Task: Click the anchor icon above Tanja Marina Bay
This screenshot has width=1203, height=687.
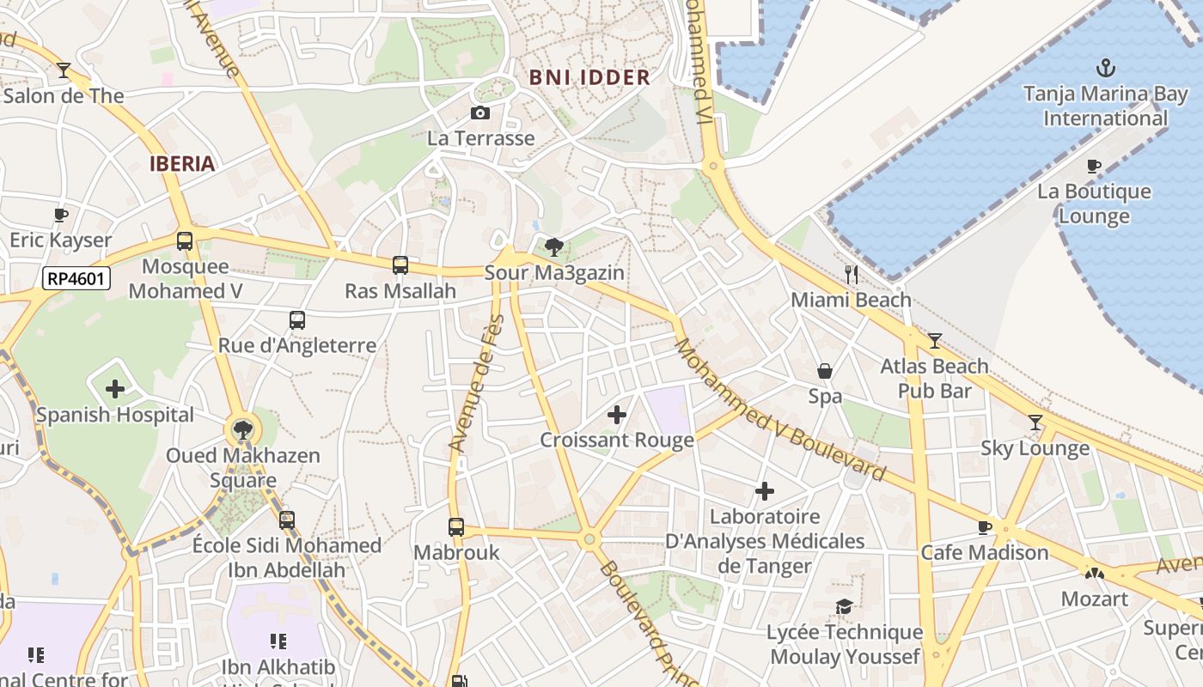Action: click(1105, 67)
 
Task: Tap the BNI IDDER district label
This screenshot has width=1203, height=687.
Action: click(589, 77)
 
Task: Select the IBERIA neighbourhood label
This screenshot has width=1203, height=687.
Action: click(182, 164)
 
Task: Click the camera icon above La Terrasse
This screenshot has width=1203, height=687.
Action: click(480, 112)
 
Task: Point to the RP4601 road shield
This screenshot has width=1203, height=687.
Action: click(76, 277)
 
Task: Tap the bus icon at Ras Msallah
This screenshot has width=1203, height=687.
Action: click(400, 265)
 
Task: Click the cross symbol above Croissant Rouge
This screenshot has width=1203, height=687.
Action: click(617, 415)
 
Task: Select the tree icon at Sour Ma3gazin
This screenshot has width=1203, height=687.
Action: click(554, 247)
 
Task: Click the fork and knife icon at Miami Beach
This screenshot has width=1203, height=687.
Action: click(852, 274)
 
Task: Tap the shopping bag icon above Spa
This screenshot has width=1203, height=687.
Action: click(825, 371)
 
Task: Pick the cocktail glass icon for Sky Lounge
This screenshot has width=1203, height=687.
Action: click(1035, 423)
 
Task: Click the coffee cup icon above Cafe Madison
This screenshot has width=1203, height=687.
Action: click(985, 526)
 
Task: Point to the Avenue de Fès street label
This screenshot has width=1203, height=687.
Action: click(475, 384)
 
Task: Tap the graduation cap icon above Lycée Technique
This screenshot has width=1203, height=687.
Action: click(845, 607)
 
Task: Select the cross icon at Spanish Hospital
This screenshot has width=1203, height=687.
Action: click(115, 389)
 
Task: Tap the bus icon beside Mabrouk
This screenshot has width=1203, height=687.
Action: click(456, 526)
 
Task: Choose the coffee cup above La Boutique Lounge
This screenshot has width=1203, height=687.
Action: click(1094, 166)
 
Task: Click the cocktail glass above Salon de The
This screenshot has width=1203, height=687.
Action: click(64, 70)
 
